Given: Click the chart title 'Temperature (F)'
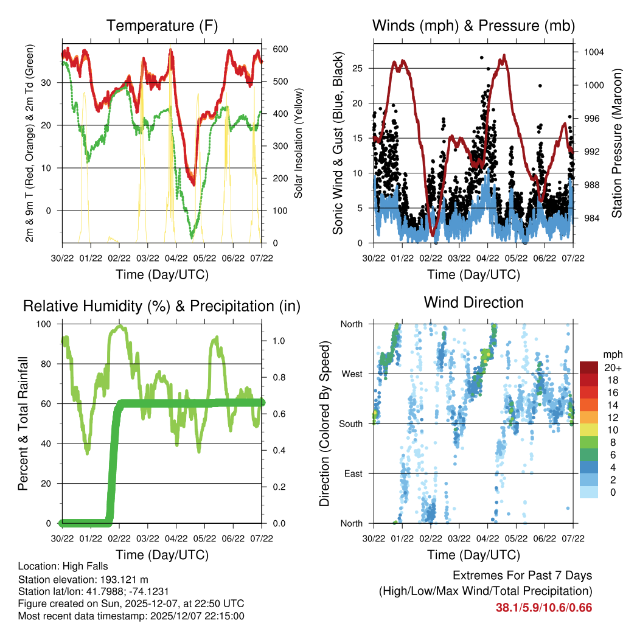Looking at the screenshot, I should pos(162,26).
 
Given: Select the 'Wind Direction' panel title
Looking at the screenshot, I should pos(473,302).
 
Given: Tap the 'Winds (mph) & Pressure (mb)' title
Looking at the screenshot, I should pos(473,26).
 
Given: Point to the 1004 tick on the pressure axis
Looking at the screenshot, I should pos(593,52).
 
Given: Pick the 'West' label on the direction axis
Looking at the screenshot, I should pos(351,374).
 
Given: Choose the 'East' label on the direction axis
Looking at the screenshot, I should pos(352,473).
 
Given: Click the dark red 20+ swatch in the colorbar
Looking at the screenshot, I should pos(589,367).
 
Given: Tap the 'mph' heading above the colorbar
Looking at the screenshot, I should pos(611,354).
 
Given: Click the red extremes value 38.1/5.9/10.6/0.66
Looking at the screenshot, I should pos(544,608).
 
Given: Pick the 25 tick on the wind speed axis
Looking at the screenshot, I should pos(361,68).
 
